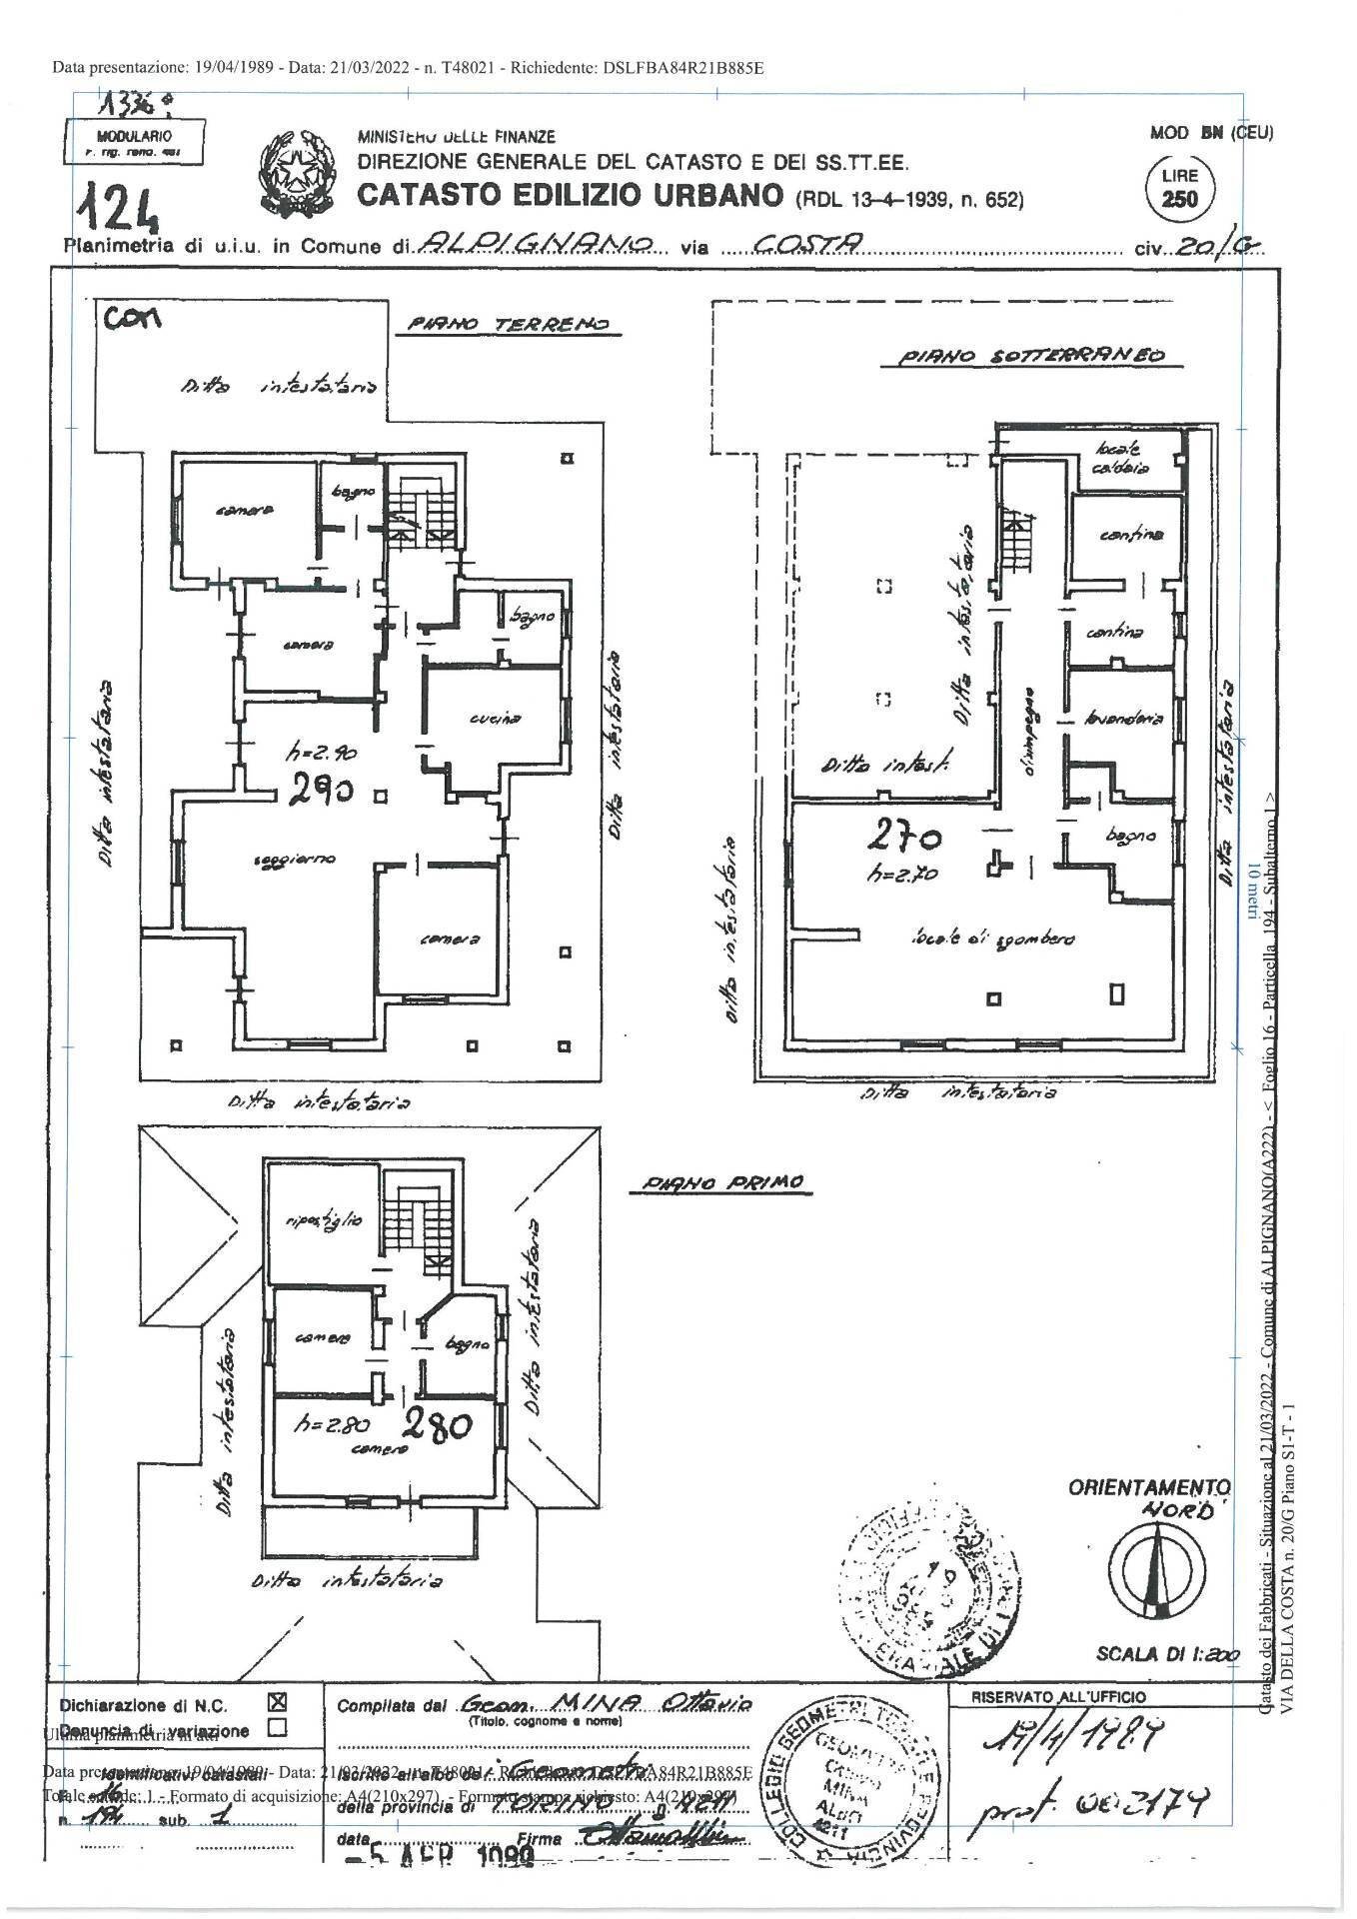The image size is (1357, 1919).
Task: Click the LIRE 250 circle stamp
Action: (1181, 189)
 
